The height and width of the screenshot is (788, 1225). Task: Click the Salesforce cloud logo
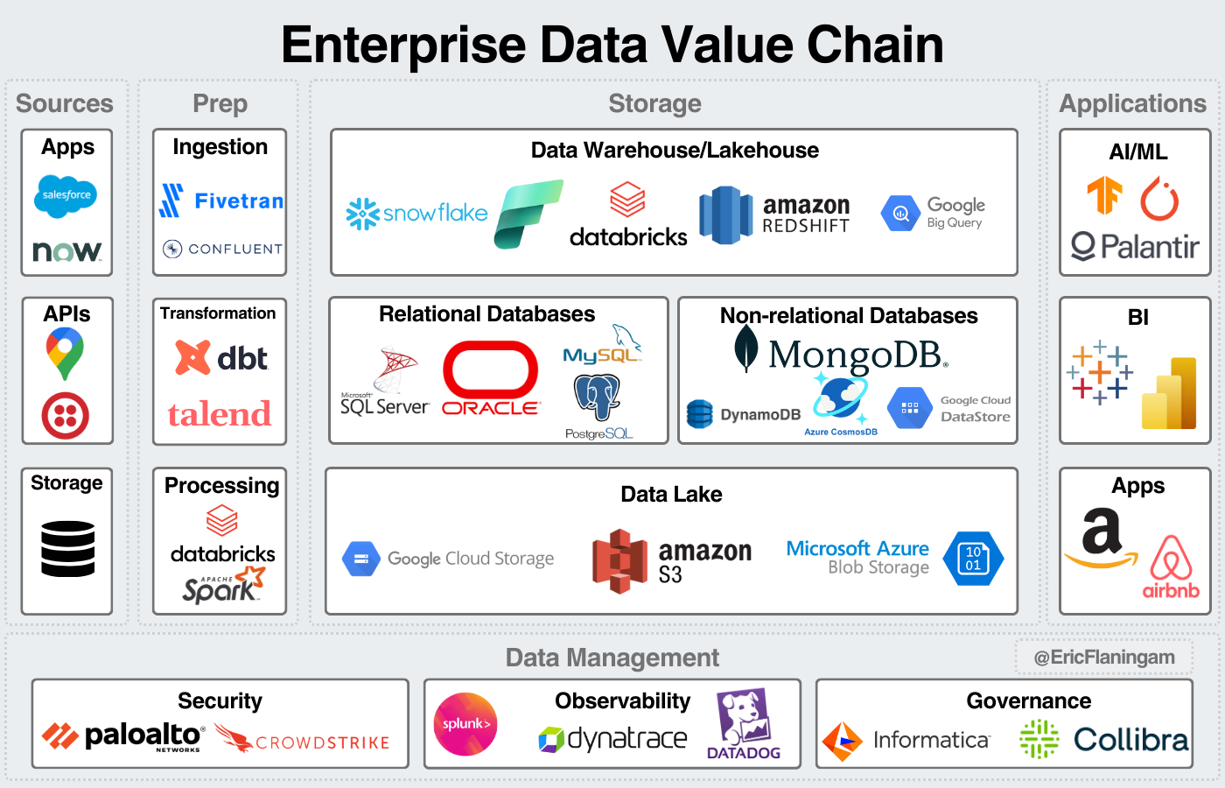click(x=66, y=195)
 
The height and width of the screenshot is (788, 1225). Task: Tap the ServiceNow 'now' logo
click(x=67, y=251)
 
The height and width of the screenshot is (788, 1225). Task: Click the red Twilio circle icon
click(x=66, y=415)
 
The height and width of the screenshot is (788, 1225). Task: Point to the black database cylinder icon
click(x=67, y=549)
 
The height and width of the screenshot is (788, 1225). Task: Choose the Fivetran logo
click(x=222, y=201)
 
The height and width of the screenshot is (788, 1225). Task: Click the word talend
click(x=220, y=414)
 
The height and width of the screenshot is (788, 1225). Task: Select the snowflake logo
click(x=417, y=213)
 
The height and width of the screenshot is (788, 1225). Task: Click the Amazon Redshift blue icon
click(x=725, y=215)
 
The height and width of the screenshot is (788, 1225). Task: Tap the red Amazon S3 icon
click(x=619, y=561)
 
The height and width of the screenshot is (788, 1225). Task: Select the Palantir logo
click(x=1135, y=247)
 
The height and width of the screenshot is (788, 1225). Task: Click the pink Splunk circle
click(x=465, y=724)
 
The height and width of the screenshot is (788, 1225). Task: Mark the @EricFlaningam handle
click(x=1104, y=657)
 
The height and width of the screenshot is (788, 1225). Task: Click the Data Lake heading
click(x=671, y=494)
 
